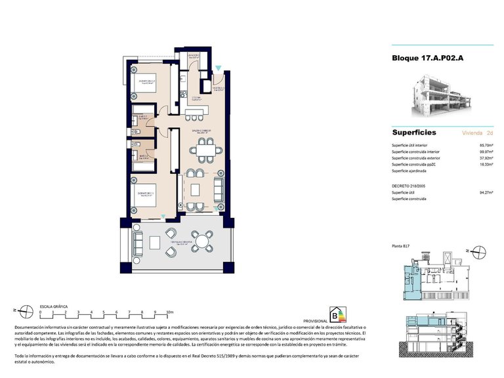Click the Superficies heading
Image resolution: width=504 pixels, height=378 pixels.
coord(414,133)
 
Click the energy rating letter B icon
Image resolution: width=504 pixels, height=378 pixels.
coord(341,314)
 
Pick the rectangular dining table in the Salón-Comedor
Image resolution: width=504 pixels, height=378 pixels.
coord(207,152)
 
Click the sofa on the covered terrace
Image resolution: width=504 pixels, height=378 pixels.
coord(138,243)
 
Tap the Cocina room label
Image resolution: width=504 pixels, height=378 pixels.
coord(196,98)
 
